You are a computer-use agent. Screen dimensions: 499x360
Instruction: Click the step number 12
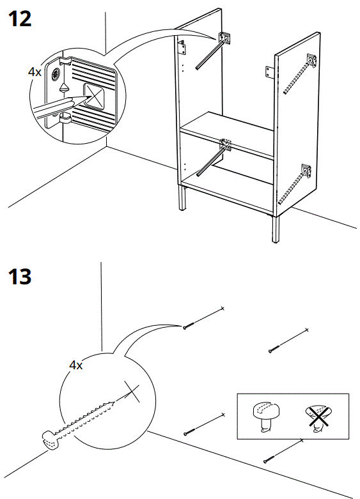click(19, 19)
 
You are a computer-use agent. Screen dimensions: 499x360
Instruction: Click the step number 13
click(19, 278)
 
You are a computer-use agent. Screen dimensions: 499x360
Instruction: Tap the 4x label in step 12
click(35, 72)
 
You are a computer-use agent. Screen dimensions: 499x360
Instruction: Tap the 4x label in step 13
click(75, 365)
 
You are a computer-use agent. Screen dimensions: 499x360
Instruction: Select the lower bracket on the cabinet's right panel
click(306, 171)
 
